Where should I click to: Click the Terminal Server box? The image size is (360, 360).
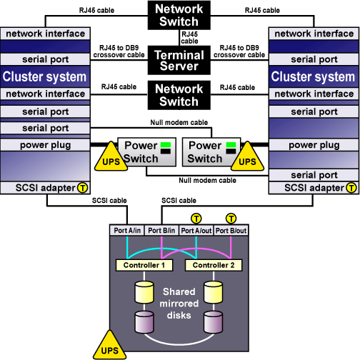pos(179,60)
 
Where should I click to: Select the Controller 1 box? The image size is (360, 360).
pos(144,265)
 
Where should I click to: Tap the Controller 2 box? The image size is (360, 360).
pos(214,265)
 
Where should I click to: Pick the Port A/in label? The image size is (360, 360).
pos(127,231)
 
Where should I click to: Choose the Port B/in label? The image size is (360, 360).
pos(161,231)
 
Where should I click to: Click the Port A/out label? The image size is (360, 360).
pos(196,231)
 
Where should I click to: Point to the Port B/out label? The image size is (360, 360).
pos(231,231)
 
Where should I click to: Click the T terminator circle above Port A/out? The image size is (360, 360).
pos(196,219)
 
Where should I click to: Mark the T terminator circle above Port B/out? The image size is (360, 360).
pos(231,219)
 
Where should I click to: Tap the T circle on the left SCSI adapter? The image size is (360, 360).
pos(83,188)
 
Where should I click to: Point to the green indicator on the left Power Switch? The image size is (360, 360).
pos(166,145)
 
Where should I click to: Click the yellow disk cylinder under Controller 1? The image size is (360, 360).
pos(144,292)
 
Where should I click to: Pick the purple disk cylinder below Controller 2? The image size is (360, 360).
pos(214,322)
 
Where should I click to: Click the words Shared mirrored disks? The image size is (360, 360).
pos(179,304)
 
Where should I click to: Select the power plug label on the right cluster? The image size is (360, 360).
pos(314,145)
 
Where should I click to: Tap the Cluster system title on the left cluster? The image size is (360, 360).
pos(44,76)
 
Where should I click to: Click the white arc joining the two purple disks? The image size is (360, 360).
pos(179,344)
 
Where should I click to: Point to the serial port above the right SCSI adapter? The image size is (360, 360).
pos(314,175)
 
